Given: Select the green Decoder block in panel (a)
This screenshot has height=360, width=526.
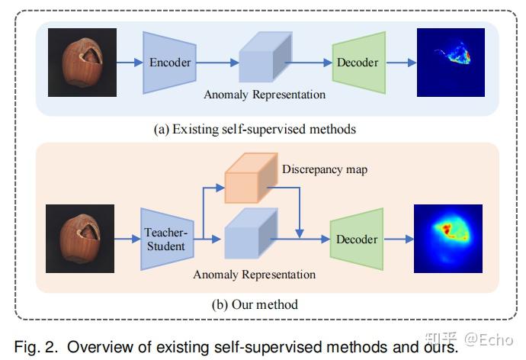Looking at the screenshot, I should [358, 63].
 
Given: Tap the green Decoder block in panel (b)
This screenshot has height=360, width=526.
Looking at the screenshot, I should [357, 239].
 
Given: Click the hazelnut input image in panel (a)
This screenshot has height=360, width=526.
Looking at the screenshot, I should [82, 63].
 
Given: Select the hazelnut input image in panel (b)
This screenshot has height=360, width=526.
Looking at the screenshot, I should [82, 239].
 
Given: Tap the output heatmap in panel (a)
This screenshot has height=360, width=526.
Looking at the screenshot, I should [451, 63].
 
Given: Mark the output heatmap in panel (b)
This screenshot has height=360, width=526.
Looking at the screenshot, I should [450, 239].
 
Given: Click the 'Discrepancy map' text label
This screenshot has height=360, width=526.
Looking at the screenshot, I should [324, 169].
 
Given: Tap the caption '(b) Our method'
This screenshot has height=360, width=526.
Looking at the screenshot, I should [255, 304].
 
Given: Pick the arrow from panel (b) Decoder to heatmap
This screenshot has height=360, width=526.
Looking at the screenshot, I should [398, 239].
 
